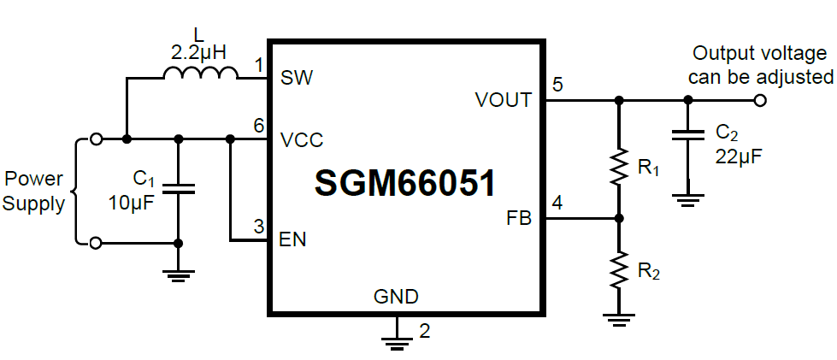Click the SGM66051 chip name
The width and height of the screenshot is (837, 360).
[x=405, y=182]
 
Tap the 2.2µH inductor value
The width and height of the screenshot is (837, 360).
[x=198, y=53]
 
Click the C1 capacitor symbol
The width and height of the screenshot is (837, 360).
[x=178, y=188]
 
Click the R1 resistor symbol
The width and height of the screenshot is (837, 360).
[x=618, y=168]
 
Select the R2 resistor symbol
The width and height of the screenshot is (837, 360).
[x=618, y=271]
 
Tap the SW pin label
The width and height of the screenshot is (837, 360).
[x=297, y=79]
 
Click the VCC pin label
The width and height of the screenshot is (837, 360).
[x=301, y=139]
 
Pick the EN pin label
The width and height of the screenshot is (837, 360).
[x=292, y=239]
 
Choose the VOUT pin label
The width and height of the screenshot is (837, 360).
[x=503, y=100]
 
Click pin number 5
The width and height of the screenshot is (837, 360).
[x=557, y=85]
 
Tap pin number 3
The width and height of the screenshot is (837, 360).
[x=258, y=227]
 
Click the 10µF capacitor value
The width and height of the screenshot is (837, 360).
[x=130, y=203]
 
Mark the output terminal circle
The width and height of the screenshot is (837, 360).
[x=760, y=100]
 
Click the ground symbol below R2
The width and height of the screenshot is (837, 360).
[x=618, y=319]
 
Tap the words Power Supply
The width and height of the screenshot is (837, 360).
[x=34, y=192]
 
